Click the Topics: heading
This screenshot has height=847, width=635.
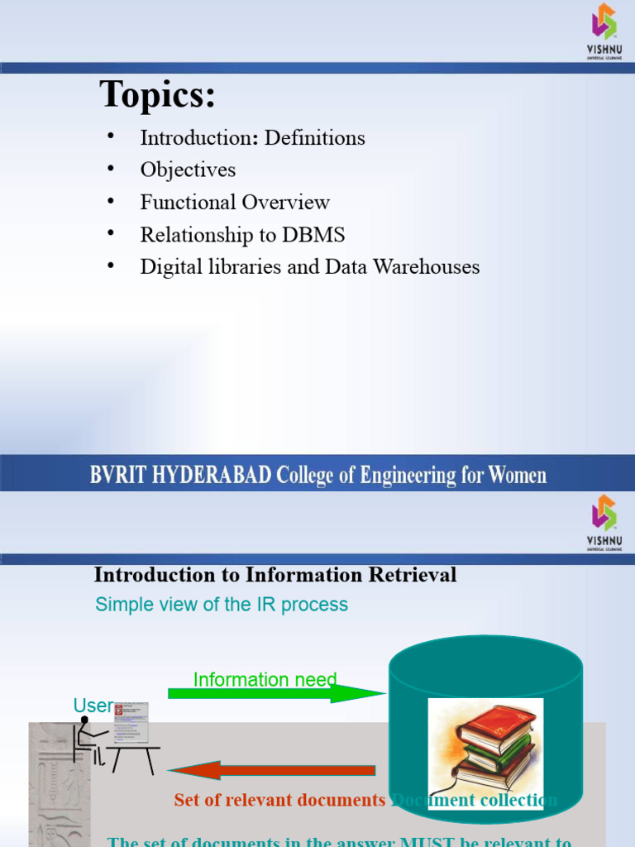coord(157,95)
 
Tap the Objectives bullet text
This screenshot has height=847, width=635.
coord(188,170)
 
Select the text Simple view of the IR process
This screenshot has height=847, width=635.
coord(222,605)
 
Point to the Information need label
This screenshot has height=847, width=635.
coord(265,680)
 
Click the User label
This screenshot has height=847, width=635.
coord(93,706)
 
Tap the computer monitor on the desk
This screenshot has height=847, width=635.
coord(131,721)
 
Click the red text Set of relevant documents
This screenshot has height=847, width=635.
coord(279,801)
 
